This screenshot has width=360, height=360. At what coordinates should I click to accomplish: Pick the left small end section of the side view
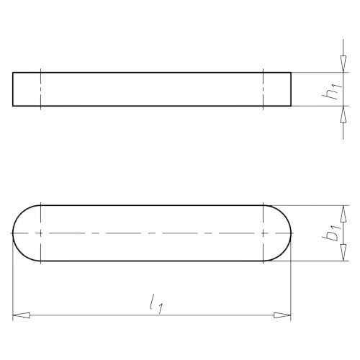click(x=27, y=90)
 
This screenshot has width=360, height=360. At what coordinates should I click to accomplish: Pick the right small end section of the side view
click(x=278, y=90)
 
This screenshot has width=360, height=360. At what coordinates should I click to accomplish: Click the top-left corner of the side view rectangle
click(x=14, y=73)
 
